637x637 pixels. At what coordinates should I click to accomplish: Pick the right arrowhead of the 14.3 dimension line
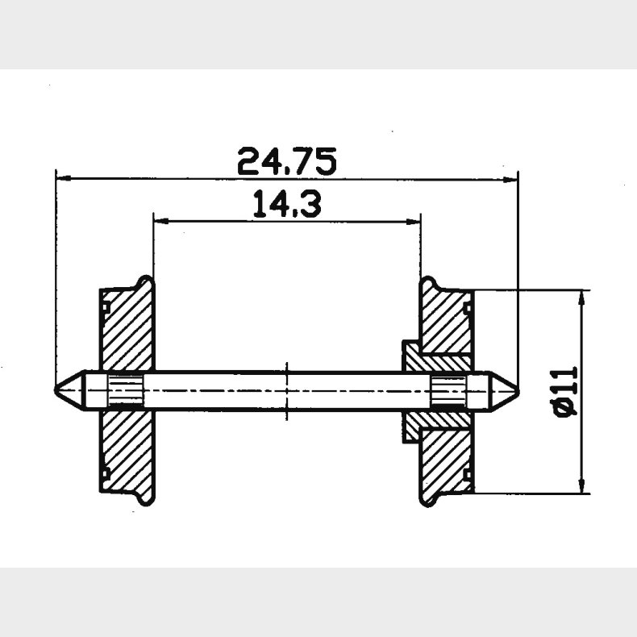tap(415, 220)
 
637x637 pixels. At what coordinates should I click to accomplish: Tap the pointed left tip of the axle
tap(56, 390)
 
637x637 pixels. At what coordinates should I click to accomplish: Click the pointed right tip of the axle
tap(517, 390)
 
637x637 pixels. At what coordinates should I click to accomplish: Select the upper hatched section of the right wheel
tap(448, 323)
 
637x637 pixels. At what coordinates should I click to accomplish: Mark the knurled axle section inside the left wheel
tap(125, 390)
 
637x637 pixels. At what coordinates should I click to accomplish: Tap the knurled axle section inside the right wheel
tap(448, 390)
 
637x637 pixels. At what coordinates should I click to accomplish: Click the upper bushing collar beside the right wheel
tap(413, 355)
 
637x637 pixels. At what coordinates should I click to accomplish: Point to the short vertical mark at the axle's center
tap(287, 390)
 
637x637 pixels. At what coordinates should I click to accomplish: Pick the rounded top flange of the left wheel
tap(145, 282)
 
